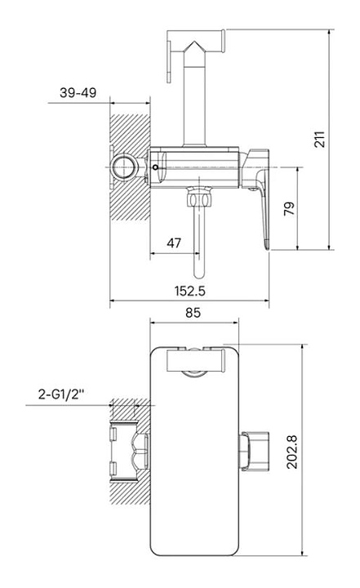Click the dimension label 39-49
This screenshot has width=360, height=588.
tap(78, 92)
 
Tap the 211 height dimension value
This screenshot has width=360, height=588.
tap(319, 140)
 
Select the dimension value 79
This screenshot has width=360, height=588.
tap(289, 208)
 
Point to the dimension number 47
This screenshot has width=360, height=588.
tap(174, 243)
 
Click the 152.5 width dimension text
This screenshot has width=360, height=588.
tap(189, 291)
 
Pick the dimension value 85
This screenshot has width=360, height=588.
tap(193, 312)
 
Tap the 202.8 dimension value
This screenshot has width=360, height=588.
tap(291, 452)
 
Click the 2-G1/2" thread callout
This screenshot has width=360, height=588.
tap(60, 394)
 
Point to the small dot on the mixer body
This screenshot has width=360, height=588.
tap(156, 167)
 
